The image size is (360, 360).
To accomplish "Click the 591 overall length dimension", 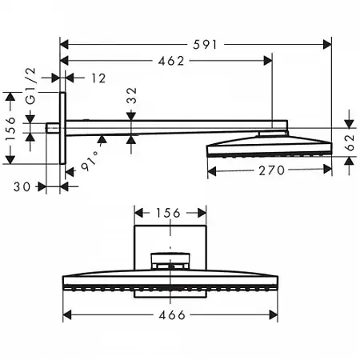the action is click(205, 45).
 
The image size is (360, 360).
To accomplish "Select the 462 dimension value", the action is click(171, 62).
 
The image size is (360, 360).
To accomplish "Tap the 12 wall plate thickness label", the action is click(98, 78).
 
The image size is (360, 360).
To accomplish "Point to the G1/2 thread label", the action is click(31, 86).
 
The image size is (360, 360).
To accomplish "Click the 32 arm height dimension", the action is click(131, 95).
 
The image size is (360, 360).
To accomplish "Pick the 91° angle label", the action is click(90, 162).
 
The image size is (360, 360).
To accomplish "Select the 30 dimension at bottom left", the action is click(22, 187).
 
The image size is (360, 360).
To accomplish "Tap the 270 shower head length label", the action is click(272, 170).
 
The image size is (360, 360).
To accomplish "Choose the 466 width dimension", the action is click(172, 315).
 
